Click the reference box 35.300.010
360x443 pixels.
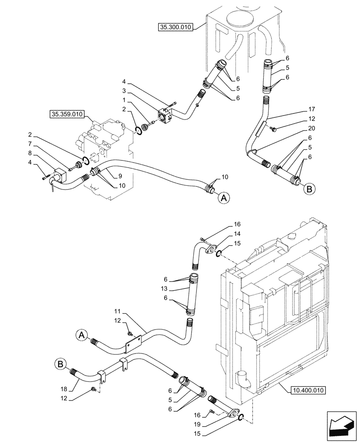(175, 27)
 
